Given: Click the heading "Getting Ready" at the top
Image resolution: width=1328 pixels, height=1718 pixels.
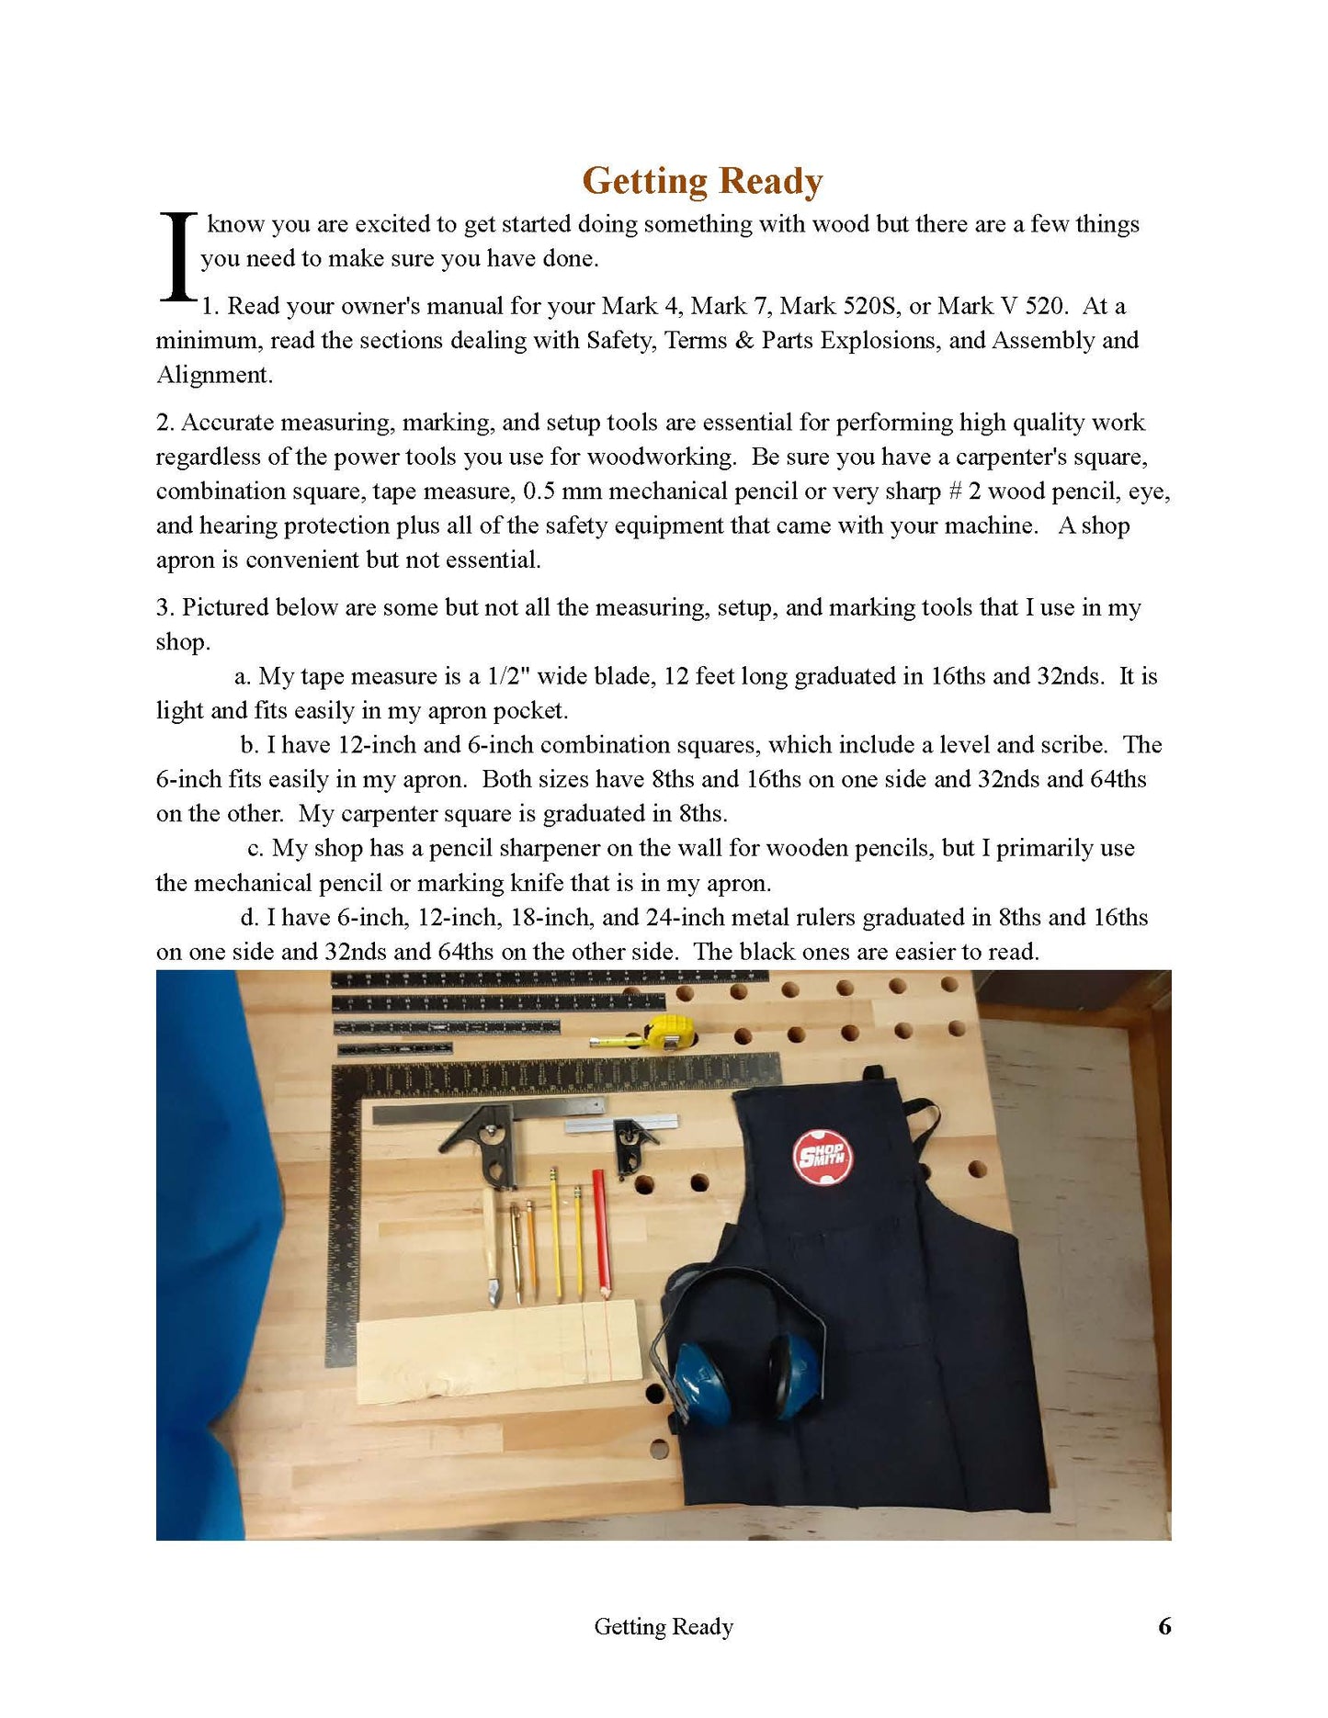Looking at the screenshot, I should pyautogui.click(x=702, y=181).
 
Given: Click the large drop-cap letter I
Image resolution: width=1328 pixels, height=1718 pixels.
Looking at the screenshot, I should pyautogui.click(x=177, y=257).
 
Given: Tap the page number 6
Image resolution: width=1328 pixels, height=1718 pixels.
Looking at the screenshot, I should pyautogui.click(x=1164, y=1626).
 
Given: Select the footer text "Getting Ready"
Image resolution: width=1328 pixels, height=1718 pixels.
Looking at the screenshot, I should pyautogui.click(x=663, y=1626).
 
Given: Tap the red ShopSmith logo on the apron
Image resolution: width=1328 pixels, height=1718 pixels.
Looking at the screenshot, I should pyautogui.click(x=823, y=1157).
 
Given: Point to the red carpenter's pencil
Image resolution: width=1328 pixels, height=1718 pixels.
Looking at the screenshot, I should pyautogui.click(x=601, y=1231).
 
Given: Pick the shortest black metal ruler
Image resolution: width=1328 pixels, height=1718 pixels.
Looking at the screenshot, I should pyautogui.click(x=394, y=1048).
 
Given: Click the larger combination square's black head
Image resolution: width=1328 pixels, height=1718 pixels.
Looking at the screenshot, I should pyautogui.click(x=488, y=1139).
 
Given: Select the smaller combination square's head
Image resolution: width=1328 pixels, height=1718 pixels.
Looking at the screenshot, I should pyautogui.click(x=632, y=1141).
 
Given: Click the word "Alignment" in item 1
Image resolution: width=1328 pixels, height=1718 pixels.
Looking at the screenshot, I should pyautogui.click(x=214, y=375).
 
